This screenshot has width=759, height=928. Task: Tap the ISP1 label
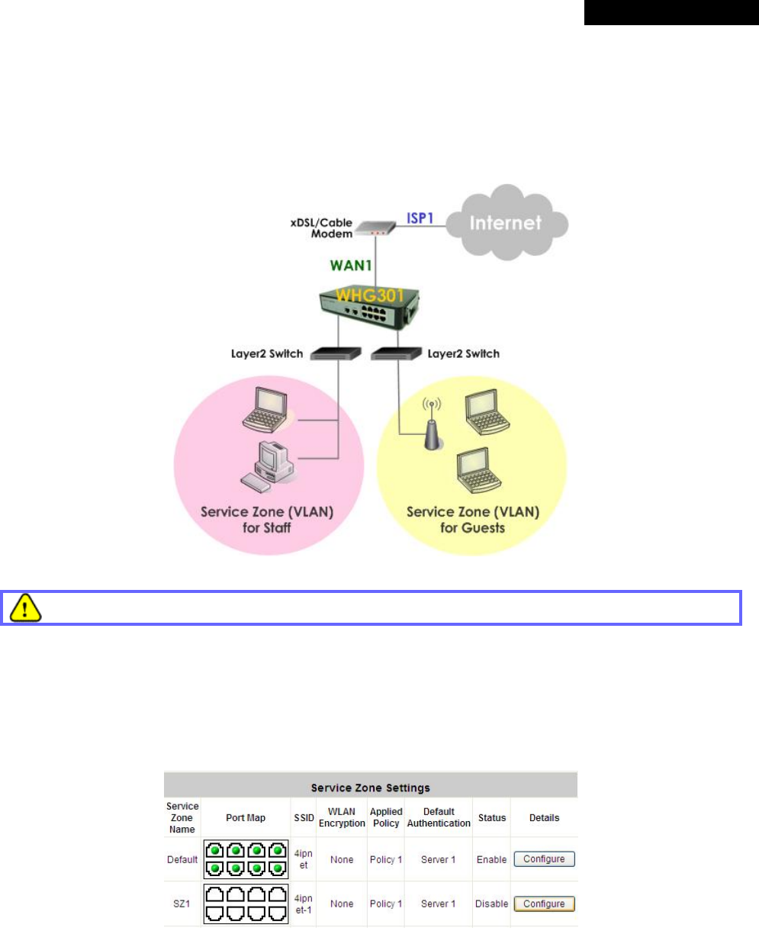coord(419,217)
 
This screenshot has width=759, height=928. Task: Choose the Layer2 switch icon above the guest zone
coord(396,354)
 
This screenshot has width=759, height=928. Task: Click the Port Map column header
coord(246,817)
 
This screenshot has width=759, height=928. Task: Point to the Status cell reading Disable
coord(491,904)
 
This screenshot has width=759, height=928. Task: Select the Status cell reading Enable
coord(491,859)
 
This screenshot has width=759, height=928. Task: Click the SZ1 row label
coord(182,904)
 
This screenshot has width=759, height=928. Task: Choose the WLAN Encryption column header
coord(342,817)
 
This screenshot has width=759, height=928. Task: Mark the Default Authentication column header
coord(439,817)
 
